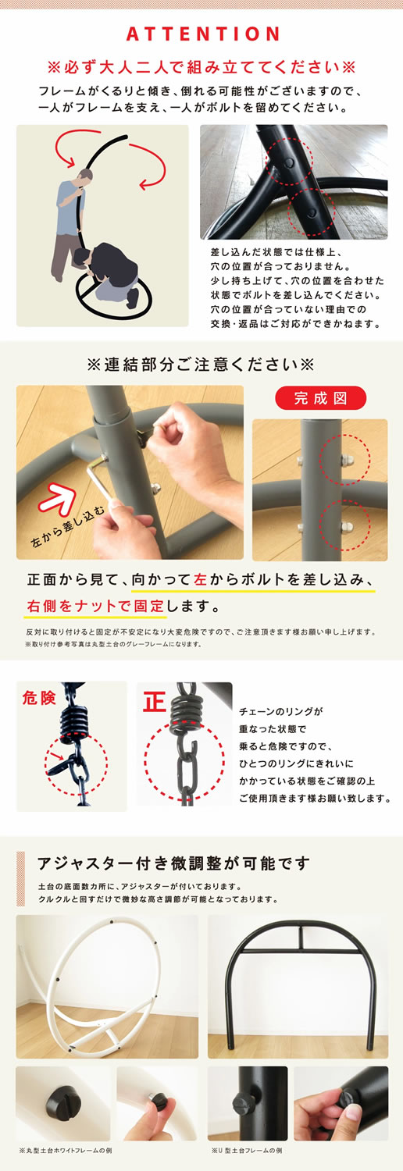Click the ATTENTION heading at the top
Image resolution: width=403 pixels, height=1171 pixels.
201,34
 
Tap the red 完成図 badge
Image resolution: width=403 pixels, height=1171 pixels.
320,398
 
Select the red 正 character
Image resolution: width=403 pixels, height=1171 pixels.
155,701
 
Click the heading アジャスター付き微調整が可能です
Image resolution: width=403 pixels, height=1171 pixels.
173,863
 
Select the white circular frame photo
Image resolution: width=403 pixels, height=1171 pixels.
107,986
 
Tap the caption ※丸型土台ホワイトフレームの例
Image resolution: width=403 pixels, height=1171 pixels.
66,1151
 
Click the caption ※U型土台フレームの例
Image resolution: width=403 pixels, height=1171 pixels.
246,1151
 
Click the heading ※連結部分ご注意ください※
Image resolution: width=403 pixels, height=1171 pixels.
201,364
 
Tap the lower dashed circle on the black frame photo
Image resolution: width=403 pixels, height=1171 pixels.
312,209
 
